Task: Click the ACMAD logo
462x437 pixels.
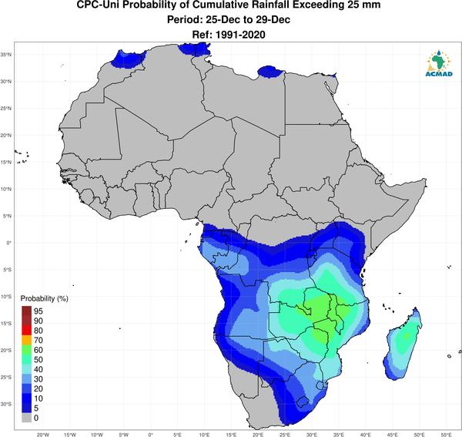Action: point(439,63)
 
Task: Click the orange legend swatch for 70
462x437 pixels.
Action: point(26,341)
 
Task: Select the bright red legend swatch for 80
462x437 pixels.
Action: point(26,331)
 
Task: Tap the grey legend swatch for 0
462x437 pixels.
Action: point(26,418)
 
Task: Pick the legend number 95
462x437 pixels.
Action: point(38,311)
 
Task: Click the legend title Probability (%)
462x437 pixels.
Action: point(44,299)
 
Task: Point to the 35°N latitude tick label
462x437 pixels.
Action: point(6,55)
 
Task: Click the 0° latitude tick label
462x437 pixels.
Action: point(8,243)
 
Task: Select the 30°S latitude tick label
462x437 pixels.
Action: point(6,404)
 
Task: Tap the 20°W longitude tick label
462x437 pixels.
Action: point(42,435)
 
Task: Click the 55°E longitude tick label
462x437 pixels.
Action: point(446,435)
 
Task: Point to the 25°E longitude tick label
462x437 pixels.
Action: point(285,435)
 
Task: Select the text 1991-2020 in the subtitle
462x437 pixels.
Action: point(240,35)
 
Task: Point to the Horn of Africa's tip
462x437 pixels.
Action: point(425,179)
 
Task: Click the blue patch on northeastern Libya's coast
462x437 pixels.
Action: point(270,72)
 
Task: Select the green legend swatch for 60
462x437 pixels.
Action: point(26,350)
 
